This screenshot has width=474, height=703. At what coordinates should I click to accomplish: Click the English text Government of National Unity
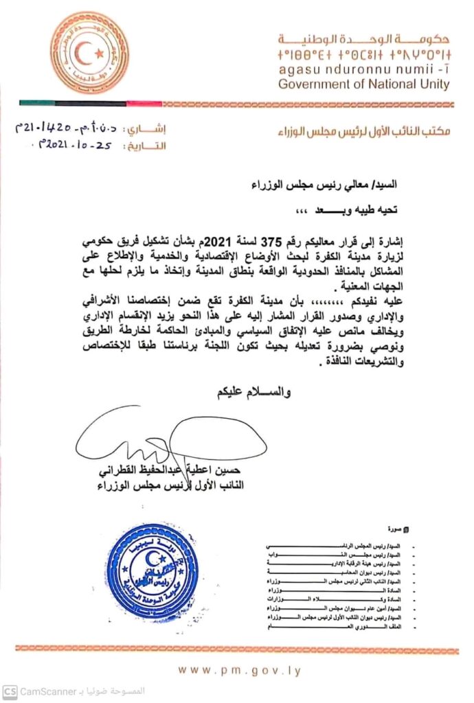(364, 85)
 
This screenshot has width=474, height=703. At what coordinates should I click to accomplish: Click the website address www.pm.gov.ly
(238, 670)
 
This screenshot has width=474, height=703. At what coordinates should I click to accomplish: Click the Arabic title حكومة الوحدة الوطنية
(364, 38)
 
